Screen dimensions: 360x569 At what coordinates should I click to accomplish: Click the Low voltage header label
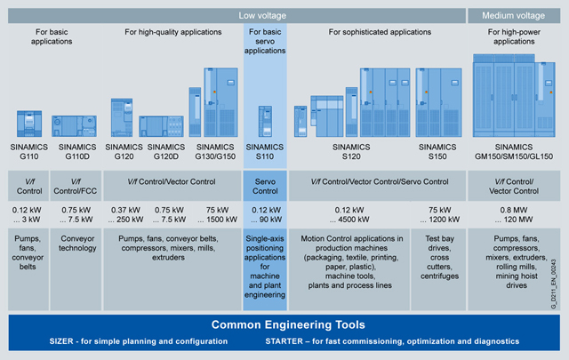click(x=263, y=15)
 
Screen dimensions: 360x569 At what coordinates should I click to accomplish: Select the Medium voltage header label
click(x=513, y=15)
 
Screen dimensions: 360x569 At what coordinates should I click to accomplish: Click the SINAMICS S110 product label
click(x=263, y=151)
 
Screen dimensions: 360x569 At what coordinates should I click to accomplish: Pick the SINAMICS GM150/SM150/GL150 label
click(x=513, y=151)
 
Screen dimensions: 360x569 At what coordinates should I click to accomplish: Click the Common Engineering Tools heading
click(x=284, y=324)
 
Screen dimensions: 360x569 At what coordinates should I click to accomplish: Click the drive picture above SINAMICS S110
click(x=263, y=118)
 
